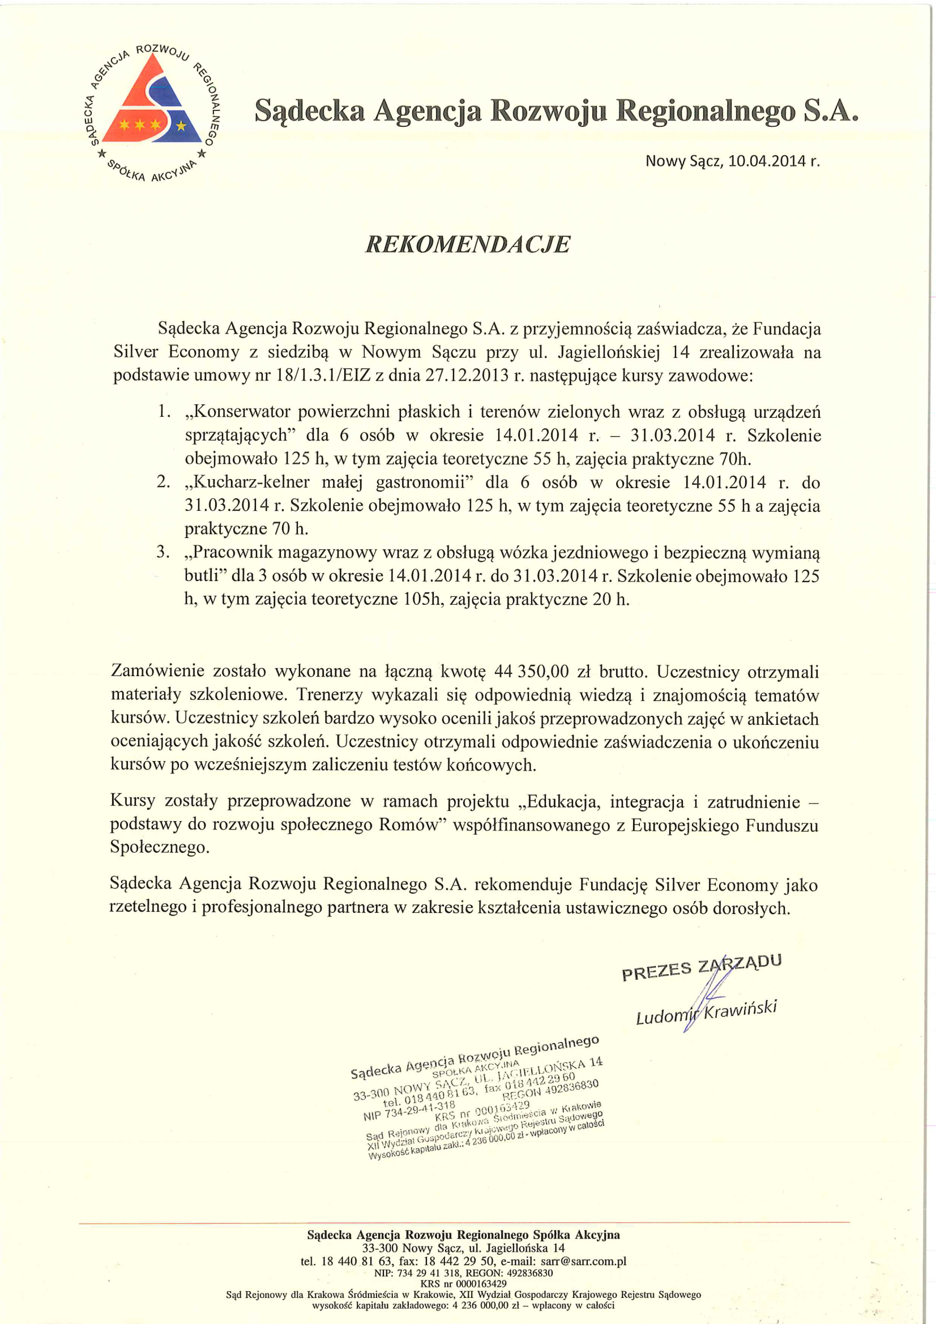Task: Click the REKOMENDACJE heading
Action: (x=468, y=245)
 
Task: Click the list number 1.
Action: (x=164, y=412)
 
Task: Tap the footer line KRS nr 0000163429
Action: (x=464, y=1284)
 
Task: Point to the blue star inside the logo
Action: (x=182, y=125)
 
